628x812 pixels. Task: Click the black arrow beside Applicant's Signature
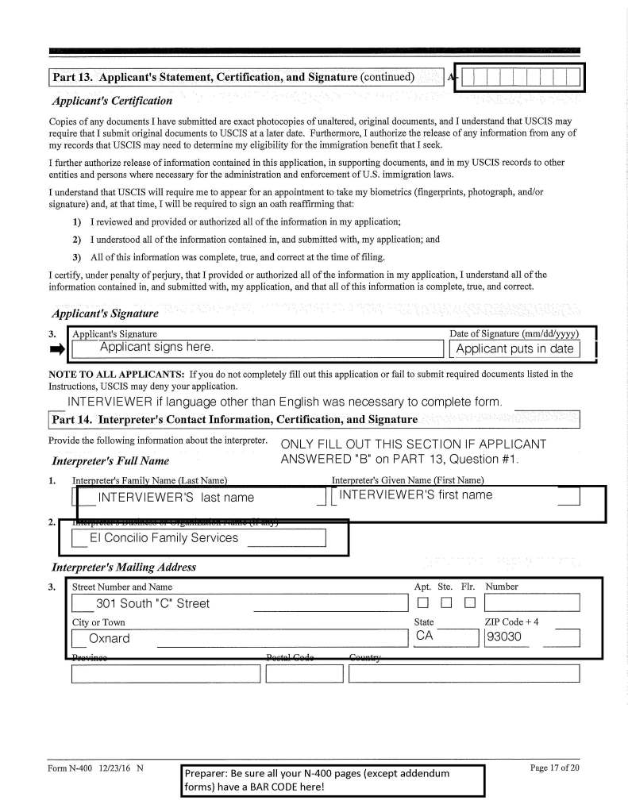(56, 348)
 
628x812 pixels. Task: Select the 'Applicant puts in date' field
(514, 348)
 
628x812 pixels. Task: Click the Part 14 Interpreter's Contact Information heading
(234, 418)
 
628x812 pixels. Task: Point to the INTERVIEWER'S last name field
(175, 497)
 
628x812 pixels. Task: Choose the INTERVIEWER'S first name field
(416, 495)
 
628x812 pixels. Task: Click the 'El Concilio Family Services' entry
(164, 538)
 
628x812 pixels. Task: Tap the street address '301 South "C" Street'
(153, 603)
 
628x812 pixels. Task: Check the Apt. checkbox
(422, 604)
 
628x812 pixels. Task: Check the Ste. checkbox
(445, 604)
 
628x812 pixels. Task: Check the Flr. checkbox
(468, 604)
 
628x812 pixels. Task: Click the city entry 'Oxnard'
(110, 638)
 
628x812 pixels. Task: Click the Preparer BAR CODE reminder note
(333, 779)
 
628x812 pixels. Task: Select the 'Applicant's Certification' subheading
(112, 101)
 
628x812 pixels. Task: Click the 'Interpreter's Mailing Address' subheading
(123, 568)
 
